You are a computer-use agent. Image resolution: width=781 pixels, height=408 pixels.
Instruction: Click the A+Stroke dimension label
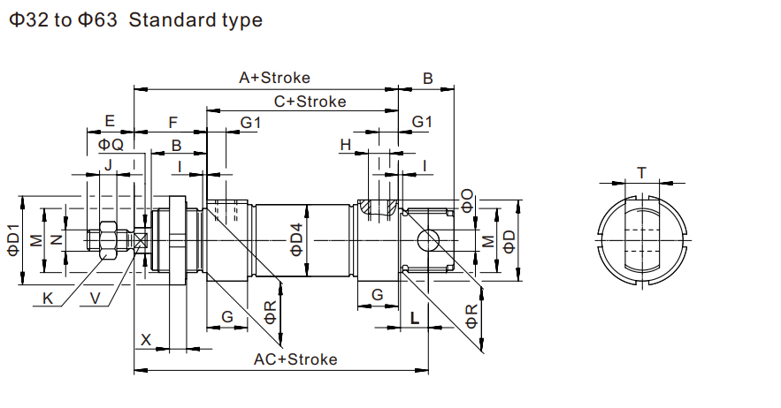coord(275,78)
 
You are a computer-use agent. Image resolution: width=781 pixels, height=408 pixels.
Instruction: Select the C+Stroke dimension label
coord(310,101)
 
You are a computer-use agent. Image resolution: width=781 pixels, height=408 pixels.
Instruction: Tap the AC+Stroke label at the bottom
coord(295,359)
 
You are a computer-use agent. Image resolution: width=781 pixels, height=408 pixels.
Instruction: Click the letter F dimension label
coord(173,121)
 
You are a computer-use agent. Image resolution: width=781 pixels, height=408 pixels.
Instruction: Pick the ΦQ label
coord(111,144)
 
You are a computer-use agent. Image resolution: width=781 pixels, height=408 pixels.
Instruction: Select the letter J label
coord(108,165)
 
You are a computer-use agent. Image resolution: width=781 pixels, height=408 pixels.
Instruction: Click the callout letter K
coord(49,298)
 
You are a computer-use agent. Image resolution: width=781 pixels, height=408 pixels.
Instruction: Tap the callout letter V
coord(96,298)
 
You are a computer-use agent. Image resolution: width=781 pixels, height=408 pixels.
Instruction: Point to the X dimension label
coord(147,338)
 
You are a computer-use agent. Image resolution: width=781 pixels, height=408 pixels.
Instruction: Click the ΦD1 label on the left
coord(13,240)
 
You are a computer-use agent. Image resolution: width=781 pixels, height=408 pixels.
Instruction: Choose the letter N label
coord(57,239)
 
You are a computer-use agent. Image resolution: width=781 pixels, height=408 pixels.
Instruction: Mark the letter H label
coord(346,144)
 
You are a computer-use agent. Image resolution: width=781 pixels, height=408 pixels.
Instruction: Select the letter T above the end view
coord(642,173)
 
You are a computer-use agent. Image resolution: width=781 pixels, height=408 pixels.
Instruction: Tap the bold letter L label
coord(414,318)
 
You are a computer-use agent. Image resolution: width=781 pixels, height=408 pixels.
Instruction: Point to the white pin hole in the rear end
coord(429,239)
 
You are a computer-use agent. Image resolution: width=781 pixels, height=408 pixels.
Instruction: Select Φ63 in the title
coord(97,19)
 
